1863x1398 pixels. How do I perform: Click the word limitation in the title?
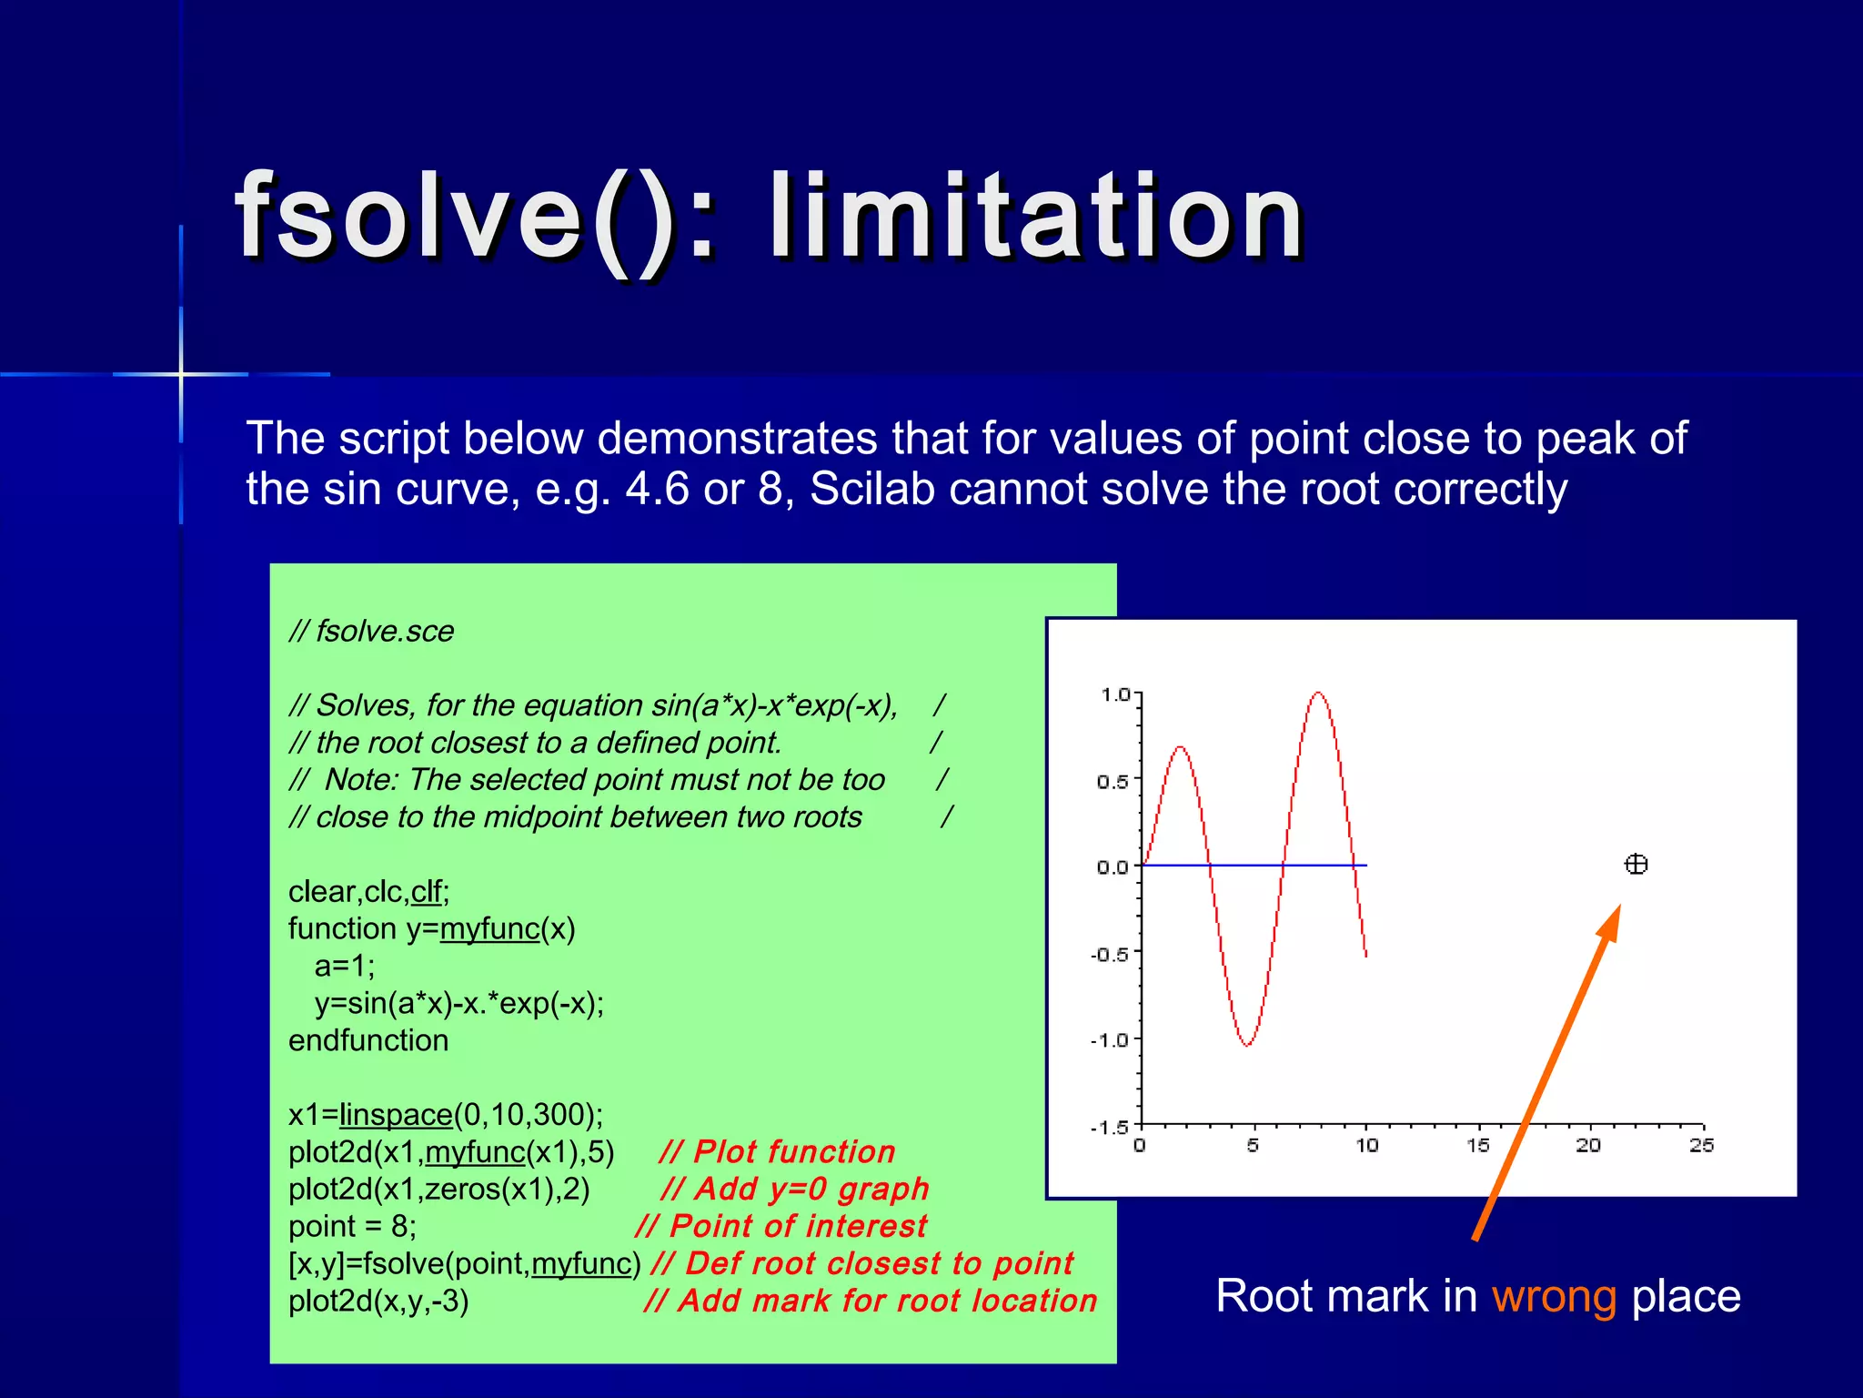click(1037, 218)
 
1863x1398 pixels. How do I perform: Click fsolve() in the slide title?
click(455, 218)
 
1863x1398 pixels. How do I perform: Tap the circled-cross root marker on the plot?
click(1636, 864)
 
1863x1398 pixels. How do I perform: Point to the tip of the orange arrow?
click(1619, 906)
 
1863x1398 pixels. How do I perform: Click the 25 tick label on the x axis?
click(1702, 1145)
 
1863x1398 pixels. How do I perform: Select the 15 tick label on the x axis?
click(1478, 1145)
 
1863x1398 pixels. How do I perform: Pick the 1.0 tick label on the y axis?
click(1114, 695)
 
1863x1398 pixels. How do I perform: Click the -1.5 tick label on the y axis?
click(1110, 1128)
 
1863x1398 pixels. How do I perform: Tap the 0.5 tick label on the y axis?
click(1112, 782)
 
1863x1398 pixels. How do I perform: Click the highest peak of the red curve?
click(1318, 694)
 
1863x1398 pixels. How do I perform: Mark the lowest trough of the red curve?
click(1247, 1045)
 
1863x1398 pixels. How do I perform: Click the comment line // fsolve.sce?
click(371, 631)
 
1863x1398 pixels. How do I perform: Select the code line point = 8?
click(352, 1226)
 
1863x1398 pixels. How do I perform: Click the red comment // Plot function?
click(777, 1151)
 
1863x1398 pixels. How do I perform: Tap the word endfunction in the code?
click(368, 1040)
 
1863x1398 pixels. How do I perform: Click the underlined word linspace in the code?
click(396, 1114)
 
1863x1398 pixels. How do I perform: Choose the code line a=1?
click(344, 966)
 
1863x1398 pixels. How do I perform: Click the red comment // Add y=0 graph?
click(794, 1189)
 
